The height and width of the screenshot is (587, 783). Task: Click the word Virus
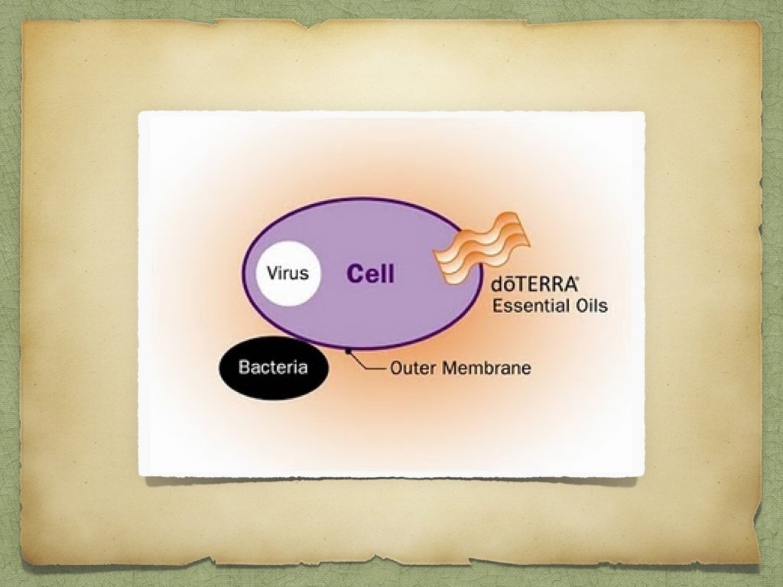(x=288, y=272)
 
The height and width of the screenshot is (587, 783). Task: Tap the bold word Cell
(x=371, y=274)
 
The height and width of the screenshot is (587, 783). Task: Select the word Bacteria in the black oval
(x=273, y=368)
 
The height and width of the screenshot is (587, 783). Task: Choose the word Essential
(x=528, y=306)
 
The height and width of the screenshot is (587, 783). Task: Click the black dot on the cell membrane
(x=349, y=351)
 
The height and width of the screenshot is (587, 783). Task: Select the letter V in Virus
(x=271, y=272)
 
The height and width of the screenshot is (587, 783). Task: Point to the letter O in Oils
(x=574, y=306)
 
